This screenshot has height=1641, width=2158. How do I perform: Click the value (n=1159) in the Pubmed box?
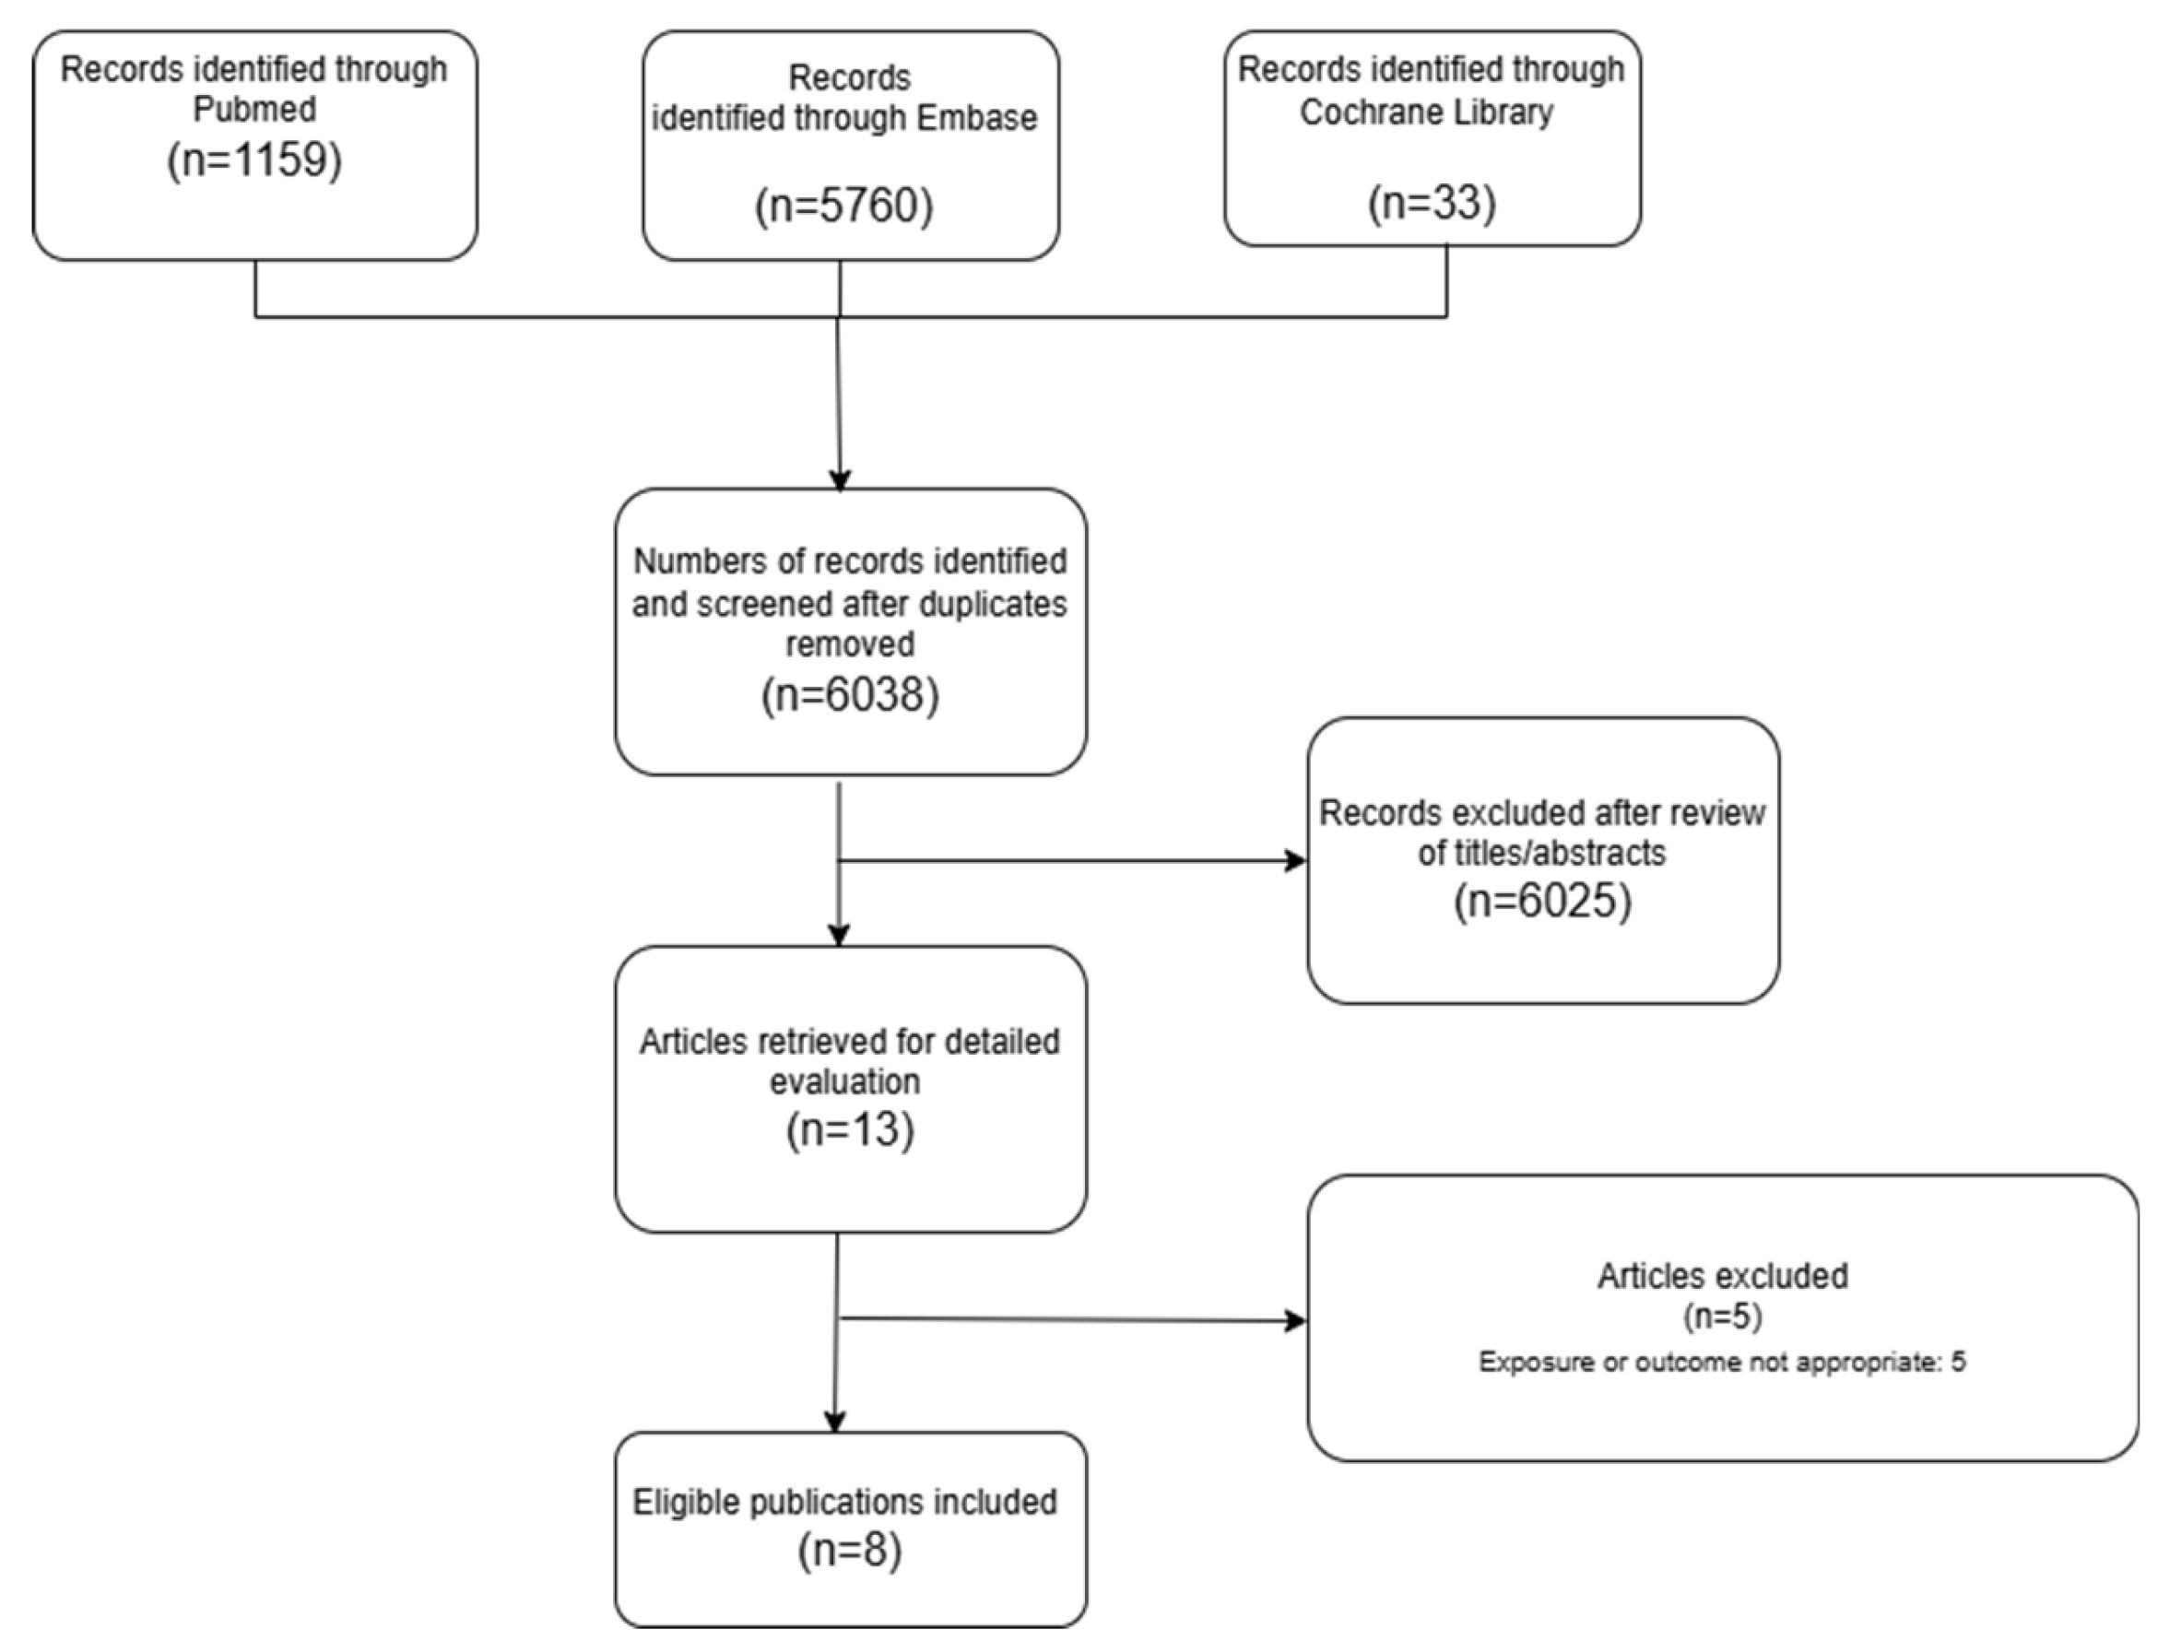point(254,159)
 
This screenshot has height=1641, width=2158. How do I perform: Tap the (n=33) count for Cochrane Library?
point(1432,202)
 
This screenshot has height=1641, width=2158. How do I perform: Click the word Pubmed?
point(254,110)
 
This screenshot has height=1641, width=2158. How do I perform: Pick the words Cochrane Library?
point(1426,112)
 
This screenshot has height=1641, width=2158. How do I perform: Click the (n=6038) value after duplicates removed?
point(850,694)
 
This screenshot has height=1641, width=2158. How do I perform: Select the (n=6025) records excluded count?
point(1542,900)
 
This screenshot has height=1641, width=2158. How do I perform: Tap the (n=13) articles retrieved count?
point(850,1129)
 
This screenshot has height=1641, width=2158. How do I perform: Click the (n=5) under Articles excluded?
point(1723,1316)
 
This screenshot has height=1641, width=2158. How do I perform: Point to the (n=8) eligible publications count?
point(850,1550)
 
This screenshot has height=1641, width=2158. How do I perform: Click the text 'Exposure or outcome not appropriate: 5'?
point(1722,1362)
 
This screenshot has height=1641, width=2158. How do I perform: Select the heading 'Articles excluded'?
point(1723,1276)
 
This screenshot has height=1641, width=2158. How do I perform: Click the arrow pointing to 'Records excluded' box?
point(1295,860)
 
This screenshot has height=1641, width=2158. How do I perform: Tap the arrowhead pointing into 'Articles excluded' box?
point(1295,1322)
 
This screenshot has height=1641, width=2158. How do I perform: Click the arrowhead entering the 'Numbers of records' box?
point(840,479)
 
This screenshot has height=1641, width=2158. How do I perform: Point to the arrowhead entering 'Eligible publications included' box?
point(834,1423)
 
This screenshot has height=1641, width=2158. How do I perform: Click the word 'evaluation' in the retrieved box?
point(844,1082)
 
